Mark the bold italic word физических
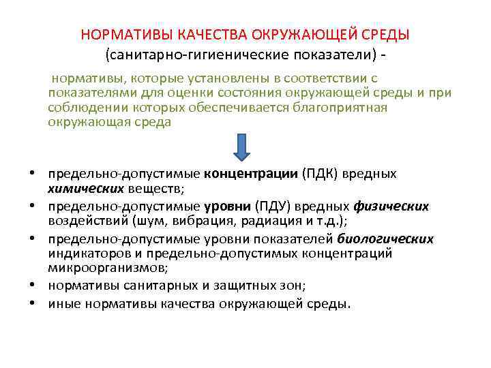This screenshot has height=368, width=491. pyautogui.click(x=391, y=206)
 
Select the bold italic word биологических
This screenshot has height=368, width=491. pyautogui.click(x=385, y=239)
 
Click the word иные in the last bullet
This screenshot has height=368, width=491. pyautogui.click(x=61, y=304)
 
